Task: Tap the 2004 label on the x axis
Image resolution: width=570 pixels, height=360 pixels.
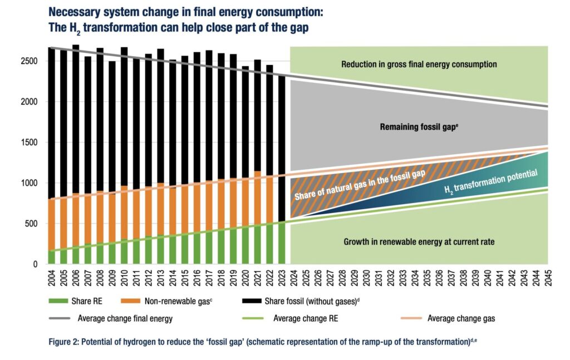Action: coord(51,279)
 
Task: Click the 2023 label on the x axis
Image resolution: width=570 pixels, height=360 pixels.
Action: coord(281,279)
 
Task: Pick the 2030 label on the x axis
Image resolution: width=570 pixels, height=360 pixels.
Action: coord(366,279)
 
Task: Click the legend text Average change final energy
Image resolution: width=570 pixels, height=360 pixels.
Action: coord(124,319)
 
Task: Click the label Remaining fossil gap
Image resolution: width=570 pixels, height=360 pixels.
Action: coord(419,127)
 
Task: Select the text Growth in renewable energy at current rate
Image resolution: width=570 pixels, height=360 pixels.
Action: coord(418,242)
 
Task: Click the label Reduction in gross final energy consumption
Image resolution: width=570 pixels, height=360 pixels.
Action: coord(419,65)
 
